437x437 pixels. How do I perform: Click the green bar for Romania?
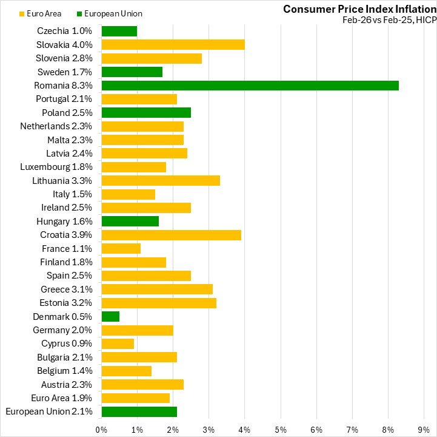[x=250, y=86]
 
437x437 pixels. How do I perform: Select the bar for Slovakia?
[x=173, y=45]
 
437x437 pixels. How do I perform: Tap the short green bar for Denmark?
[x=110, y=316]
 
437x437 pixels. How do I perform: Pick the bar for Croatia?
[x=171, y=235]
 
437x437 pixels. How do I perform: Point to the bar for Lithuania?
[x=161, y=181]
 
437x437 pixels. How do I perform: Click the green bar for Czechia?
[x=119, y=32]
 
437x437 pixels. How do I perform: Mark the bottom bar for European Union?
[x=139, y=412]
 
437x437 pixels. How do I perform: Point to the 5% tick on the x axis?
[x=281, y=429]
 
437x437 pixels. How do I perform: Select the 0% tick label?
[x=102, y=429]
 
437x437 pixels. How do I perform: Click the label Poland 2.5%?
[x=67, y=113]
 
